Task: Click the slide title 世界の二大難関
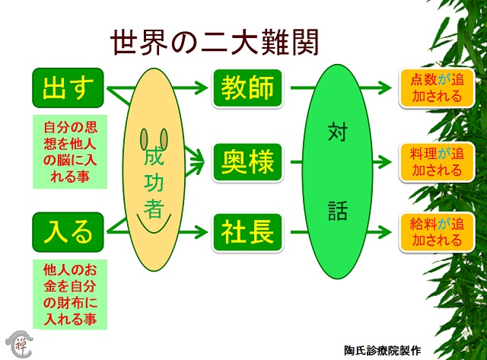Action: tap(215, 43)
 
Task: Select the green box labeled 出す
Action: tap(68, 88)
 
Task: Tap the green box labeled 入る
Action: tap(68, 232)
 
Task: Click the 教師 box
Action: tap(247, 88)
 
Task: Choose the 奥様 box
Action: tap(247, 162)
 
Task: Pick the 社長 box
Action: tap(247, 232)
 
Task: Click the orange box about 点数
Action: tap(437, 88)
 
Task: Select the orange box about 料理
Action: tap(437, 162)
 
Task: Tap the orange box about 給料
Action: tap(437, 232)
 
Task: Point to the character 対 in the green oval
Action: tap(337, 132)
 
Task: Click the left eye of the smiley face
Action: tap(144, 139)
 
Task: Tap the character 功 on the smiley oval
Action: tap(154, 182)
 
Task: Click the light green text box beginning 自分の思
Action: tap(70, 151)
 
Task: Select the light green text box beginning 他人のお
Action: tap(70, 295)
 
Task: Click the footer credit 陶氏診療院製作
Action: tap(382, 350)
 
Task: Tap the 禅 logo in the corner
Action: tap(19, 343)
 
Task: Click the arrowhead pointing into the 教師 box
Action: tap(201, 88)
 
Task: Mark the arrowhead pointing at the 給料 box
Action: tap(384, 232)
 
